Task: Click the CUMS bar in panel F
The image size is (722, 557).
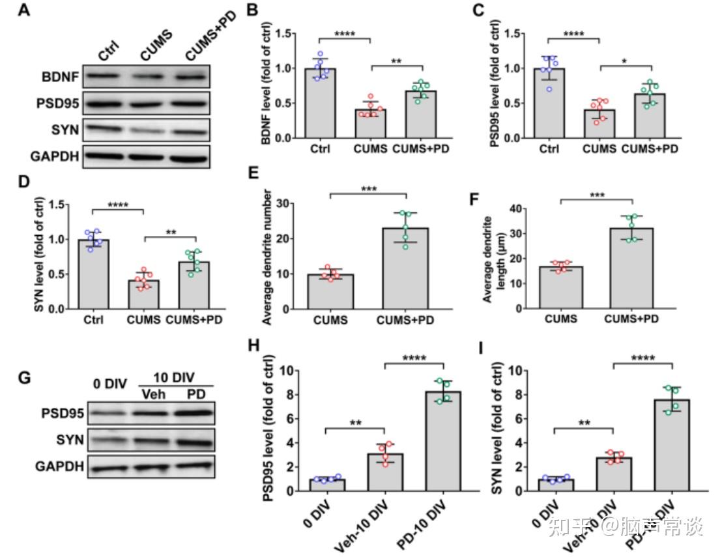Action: click(559, 287)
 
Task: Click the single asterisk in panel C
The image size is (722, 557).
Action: click(625, 59)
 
